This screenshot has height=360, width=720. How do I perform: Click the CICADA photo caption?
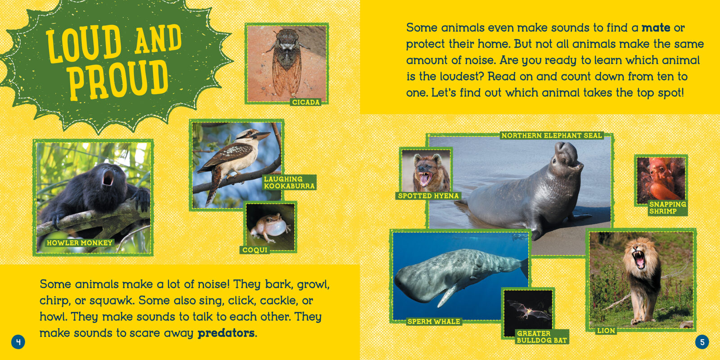[306, 102]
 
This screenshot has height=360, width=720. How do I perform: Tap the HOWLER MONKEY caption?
[79, 243]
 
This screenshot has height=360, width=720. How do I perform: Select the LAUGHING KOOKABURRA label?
[289, 182]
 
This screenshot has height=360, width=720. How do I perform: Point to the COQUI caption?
[255, 250]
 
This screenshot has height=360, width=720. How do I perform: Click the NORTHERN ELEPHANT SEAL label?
[552, 135]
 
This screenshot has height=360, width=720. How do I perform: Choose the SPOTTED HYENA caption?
[428, 196]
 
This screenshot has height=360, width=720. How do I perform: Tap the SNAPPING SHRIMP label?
[668, 207]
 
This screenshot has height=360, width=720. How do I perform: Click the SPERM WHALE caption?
[434, 321]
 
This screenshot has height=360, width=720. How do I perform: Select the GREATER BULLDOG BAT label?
[542, 337]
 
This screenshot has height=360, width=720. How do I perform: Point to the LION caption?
[606, 330]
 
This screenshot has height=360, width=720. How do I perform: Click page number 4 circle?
[18, 342]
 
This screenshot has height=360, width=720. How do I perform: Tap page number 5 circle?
[702, 342]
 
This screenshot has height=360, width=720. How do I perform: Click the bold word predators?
[226, 333]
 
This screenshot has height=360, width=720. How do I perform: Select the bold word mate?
[656, 27]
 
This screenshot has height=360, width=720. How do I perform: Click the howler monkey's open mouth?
[108, 178]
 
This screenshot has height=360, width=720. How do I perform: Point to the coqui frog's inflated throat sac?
[277, 228]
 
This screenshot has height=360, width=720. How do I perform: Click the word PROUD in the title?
[118, 80]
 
